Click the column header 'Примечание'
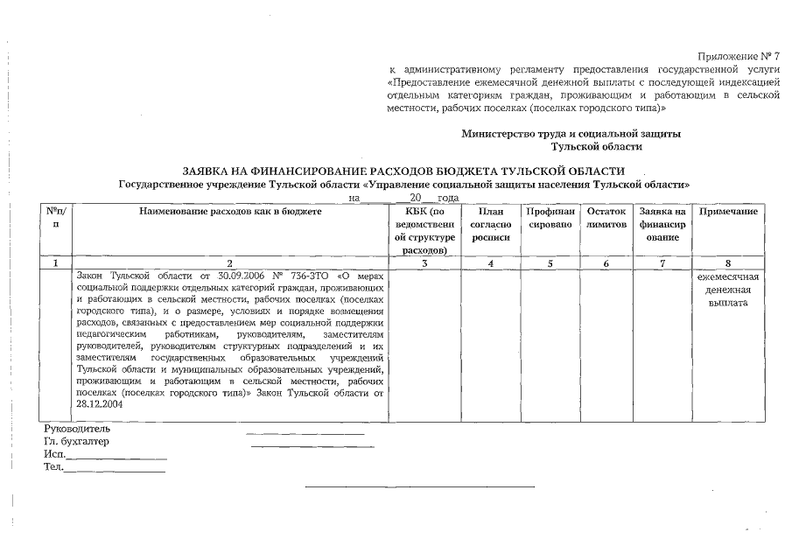(728, 213)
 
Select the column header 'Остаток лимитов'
(606, 219)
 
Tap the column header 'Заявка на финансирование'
(662, 225)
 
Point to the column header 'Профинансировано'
(550, 219)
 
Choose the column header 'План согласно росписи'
(491, 225)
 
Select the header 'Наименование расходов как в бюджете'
(230, 213)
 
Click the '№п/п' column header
(56, 219)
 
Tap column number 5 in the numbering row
(550, 262)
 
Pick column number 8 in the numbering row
(728, 262)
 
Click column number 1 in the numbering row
(56, 262)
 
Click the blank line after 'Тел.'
(115, 471)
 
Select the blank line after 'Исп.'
(116, 457)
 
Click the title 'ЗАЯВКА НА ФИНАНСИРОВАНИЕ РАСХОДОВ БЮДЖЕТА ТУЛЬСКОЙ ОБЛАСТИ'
(403, 171)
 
